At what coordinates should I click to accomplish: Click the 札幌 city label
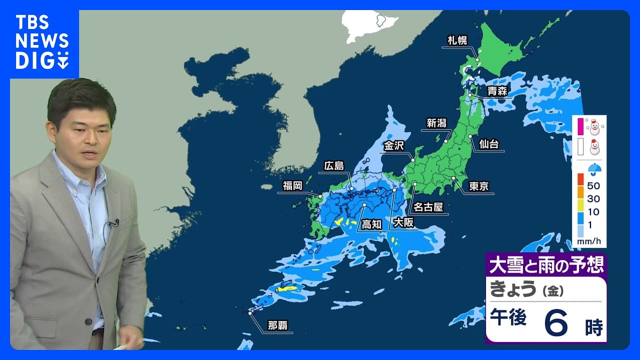tap(457, 40)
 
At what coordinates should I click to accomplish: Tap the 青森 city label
tap(498, 91)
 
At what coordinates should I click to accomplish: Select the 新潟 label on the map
tap(436, 123)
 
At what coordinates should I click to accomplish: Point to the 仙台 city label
tap(488, 144)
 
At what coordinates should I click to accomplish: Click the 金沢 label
tap(394, 145)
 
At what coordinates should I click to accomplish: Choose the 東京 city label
tap(478, 186)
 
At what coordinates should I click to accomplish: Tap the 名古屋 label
tap(428, 206)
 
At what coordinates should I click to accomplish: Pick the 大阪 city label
tap(403, 222)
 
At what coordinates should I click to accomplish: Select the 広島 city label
tap(333, 165)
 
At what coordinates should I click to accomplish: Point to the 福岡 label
tap(292, 186)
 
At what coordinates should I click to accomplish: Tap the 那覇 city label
tap(277, 326)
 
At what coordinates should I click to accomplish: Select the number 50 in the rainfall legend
tap(593, 185)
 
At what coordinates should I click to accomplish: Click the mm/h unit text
tap(588, 241)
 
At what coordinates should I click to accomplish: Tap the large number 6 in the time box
tap(556, 324)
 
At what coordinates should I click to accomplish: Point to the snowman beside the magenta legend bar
tap(594, 126)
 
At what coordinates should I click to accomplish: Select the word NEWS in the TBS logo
tap(41, 41)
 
